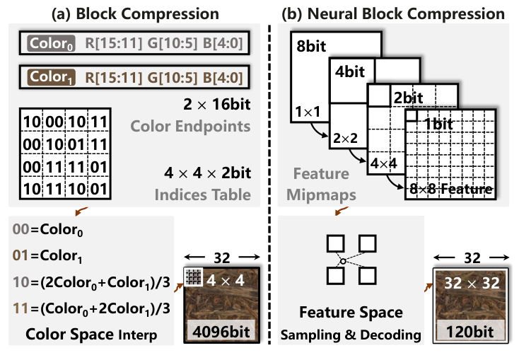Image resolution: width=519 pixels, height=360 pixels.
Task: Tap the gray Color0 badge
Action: (x=49, y=45)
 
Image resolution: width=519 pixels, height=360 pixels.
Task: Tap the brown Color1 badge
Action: (x=49, y=76)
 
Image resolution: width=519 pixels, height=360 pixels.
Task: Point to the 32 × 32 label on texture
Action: (x=471, y=284)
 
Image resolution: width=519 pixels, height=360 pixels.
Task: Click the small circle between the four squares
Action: (x=342, y=261)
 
